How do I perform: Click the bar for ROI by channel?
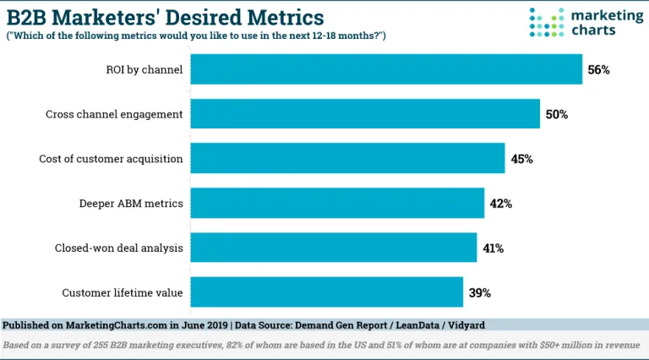pyautogui.click(x=386, y=69)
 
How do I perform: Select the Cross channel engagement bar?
pyautogui.click(x=365, y=113)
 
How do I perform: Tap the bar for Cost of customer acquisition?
pyautogui.click(x=347, y=158)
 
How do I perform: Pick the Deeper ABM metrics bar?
pyautogui.click(x=337, y=203)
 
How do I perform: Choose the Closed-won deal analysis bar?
pyautogui.click(x=333, y=248)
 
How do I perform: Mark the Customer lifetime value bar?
pyautogui.click(x=326, y=292)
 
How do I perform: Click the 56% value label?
pyautogui.click(x=598, y=69)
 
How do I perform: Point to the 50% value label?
pyautogui.click(x=555, y=113)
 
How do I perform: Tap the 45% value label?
pyautogui.click(x=521, y=158)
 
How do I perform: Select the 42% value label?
pyautogui.click(x=500, y=203)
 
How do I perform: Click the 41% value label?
pyautogui.click(x=493, y=248)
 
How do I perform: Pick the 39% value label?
pyautogui.click(x=478, y=292)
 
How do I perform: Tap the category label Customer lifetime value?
pyautogui.click(x=123, y=292)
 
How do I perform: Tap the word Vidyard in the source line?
pyautogui.click(x=465, y=325)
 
